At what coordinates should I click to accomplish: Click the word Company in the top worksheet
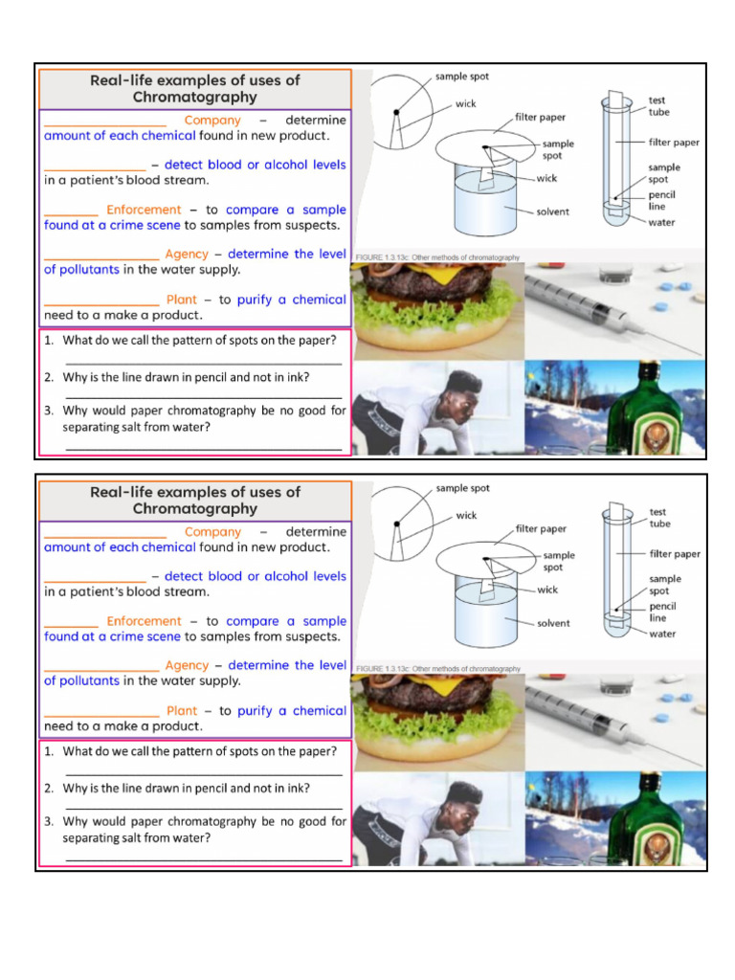coord(212,121)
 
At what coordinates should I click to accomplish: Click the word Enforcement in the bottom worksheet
coord(144,621)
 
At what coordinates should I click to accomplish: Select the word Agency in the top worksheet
coord(187,254)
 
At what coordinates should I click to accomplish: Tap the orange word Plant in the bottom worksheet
coord(182,711)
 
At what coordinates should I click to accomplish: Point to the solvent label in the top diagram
coord(552,212)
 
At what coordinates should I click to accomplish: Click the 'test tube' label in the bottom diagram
coord(659,518)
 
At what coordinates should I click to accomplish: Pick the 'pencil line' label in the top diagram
coord(661,200)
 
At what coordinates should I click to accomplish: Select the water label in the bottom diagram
coord(661,634)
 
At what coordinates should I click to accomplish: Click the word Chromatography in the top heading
coord(195,98)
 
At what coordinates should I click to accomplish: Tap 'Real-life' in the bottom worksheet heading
coord(123,492)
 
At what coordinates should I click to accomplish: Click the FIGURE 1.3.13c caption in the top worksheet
coord(437,257)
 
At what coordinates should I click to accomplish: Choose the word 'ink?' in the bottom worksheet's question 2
coord(297,789)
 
